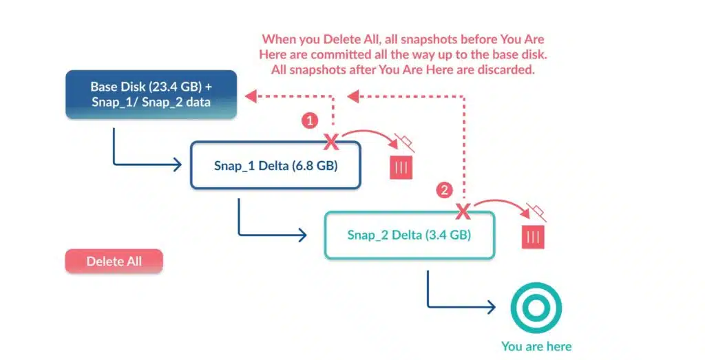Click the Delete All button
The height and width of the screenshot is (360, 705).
(114, 261)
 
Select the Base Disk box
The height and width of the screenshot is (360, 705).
(151, 94)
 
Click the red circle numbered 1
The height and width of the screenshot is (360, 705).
(309, 120)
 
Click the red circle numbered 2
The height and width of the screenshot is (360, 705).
(444, 190)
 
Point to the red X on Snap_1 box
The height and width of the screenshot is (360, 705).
(331, 142)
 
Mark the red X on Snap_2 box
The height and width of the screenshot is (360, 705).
(463, 211)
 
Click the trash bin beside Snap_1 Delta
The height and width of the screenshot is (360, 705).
(401, 168)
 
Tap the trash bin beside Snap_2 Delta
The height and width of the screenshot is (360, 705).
(534, 237)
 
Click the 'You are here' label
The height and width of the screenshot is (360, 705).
(536, 346)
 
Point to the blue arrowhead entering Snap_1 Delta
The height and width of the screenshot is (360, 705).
(177, 165)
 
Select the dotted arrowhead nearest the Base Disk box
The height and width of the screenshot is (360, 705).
(251, 96)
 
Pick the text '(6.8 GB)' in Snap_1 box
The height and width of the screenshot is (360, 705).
(315, 166)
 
